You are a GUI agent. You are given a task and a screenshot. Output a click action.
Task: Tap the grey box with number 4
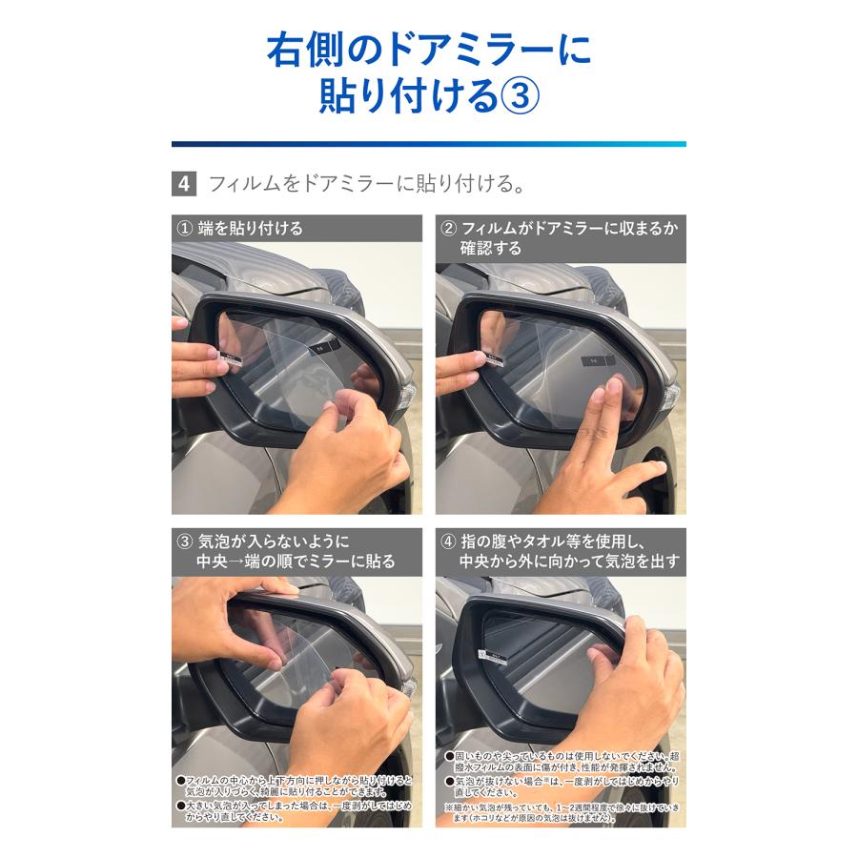point(183,183)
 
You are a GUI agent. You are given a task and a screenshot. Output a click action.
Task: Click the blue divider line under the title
point(429,144)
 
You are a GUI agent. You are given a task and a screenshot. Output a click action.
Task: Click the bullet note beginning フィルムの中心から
point(296,786)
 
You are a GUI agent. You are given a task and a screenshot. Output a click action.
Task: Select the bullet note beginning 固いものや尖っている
point(562,759)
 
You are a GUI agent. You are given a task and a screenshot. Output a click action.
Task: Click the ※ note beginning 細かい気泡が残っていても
point(562,811)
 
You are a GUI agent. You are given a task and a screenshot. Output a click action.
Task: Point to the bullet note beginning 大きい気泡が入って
point(296,811)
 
